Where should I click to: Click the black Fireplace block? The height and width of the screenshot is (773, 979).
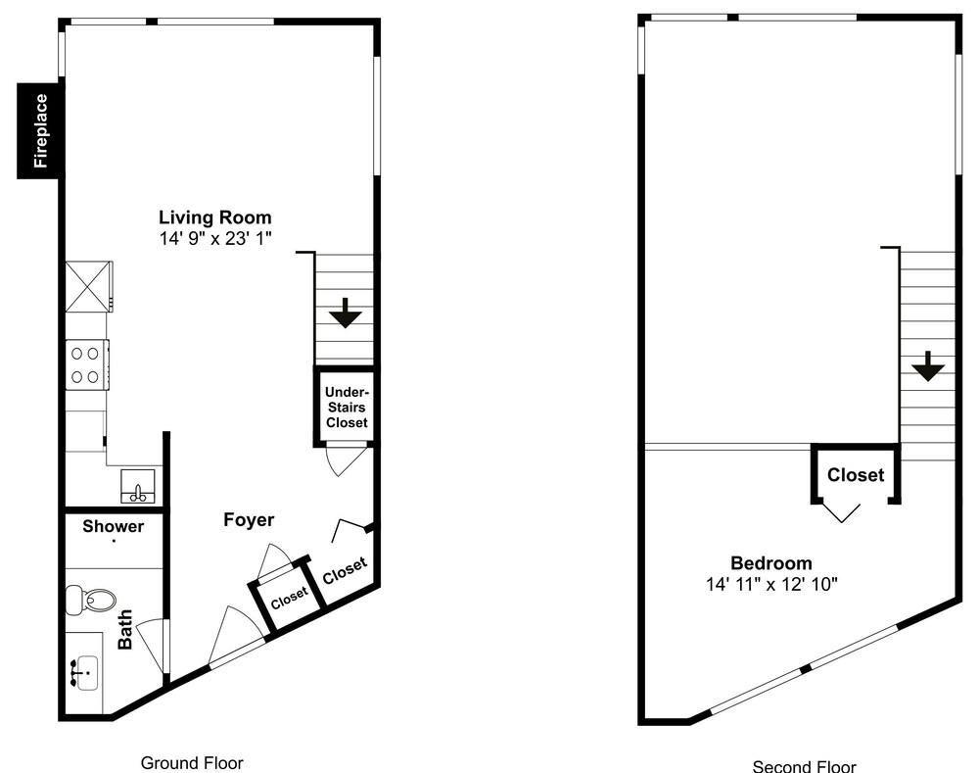pyautogui.click(x=40, y=130)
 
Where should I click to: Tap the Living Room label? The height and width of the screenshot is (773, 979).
pyautogui.click(x=214, y=217)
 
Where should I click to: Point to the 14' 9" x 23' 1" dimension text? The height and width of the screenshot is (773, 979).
pyautogui.click(x=215, y=238)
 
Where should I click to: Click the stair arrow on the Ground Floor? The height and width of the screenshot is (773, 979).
pyautogui.click(x=346, y=313)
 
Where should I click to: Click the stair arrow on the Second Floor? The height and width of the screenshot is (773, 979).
pyautogui.click(x=928, y=366)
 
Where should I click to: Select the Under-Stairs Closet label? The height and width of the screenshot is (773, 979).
pyautogui.click(x=347, y=408)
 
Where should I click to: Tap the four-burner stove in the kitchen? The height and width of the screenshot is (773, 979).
pyautogui.click(x=87, y=364)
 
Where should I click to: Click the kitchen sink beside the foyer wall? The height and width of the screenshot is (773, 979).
pyautogui.click(x=138, y=487)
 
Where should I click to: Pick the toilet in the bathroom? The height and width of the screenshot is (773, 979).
pyautogui.click(x=90, y=600)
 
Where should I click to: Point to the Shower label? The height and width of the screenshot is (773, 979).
pyautogui.click(x=113, y=526)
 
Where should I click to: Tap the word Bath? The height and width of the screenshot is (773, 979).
pyautogui.click(x=125, y=629)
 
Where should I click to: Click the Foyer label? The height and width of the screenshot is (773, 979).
pyautogui.click(x=249, y=520)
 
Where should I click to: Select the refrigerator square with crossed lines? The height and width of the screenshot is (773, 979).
pyautogui.click(x=89, y=286)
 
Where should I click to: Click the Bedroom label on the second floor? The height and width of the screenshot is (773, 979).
pyautogui.click(x=771, y=563)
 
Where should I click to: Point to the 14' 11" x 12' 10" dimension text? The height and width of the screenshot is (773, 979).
pyautogui.click(x=771, y=584)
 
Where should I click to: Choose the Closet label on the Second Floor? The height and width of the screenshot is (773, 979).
pyautogui.click(x=856, y=475)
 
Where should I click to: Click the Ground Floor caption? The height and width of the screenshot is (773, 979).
pyautogui.click(x=192, y=763)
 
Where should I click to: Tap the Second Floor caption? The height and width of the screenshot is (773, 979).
pyautogui.click(x=804, y=765)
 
